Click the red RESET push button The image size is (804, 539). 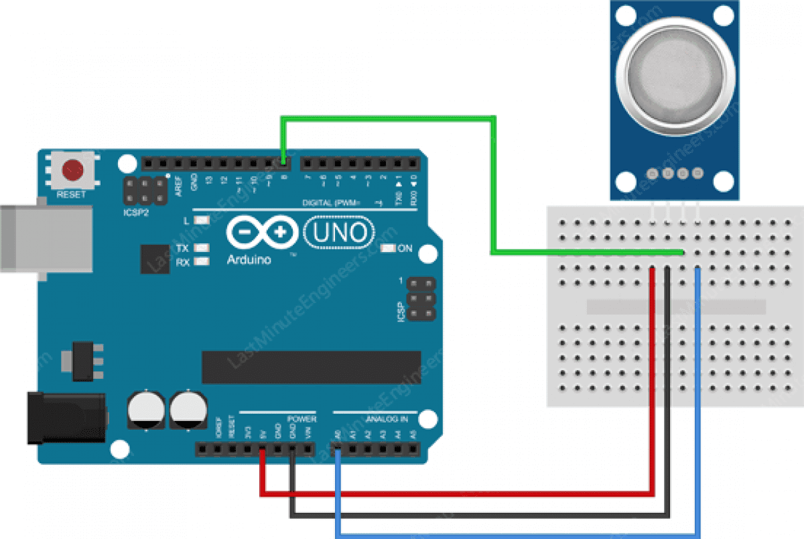tap(72, 170)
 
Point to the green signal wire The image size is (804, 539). tap(496, 188)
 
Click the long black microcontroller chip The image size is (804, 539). tap(312, 367)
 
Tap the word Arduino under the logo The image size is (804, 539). tap(249, 259)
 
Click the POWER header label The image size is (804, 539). tap(301, 419)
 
